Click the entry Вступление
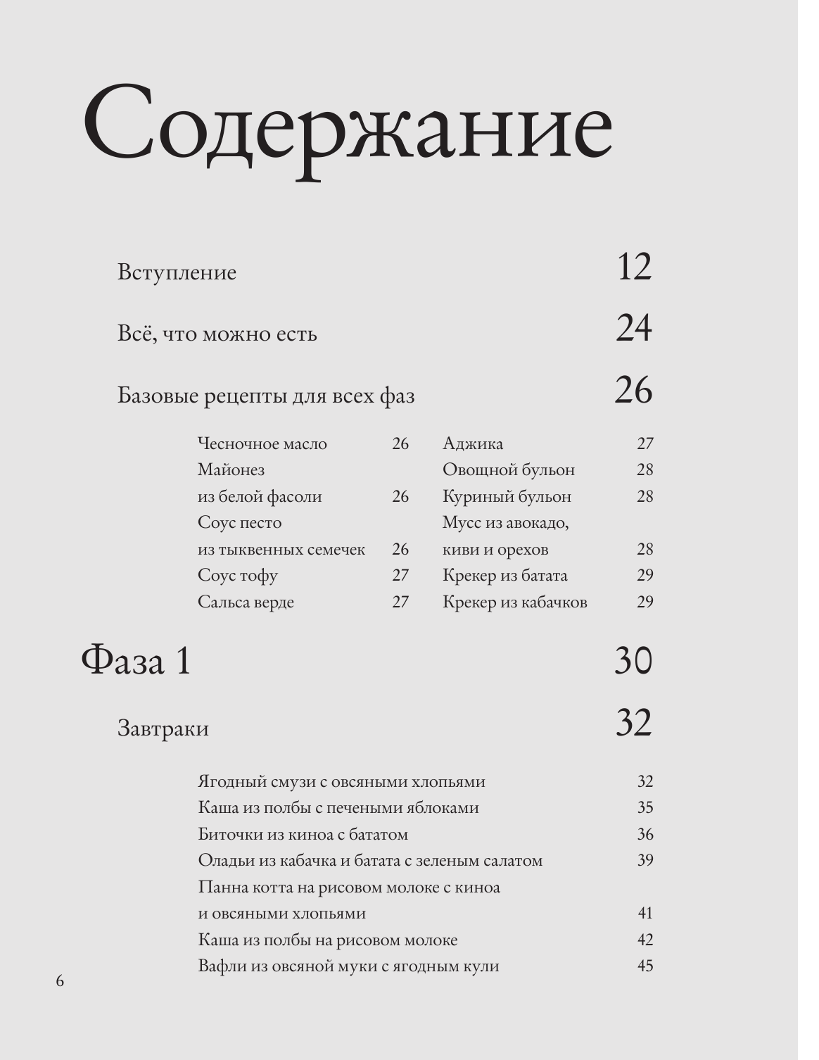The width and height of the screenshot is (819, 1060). click(177, 272)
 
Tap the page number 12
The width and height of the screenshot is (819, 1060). click(634, 267)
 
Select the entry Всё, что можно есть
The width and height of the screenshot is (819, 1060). click(217, 333)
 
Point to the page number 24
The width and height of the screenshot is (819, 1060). click(634, 329)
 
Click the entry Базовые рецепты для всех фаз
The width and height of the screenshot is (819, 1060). click(265, 396)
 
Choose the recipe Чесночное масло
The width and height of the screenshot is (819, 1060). click(262, 443)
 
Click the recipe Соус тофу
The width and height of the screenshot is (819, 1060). click(237, 575)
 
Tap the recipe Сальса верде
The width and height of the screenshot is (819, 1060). click(246, 602)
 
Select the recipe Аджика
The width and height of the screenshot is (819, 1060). click(472, 443)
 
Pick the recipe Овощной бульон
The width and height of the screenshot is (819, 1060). click(508, 469)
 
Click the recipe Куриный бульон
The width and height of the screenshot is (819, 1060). click(507, 496)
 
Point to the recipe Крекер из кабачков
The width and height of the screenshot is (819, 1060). click(514, 602)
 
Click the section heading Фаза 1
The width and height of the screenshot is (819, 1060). click(136, 661)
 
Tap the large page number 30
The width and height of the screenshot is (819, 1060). click(633, 661)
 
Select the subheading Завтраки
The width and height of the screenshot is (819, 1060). click(163, 728)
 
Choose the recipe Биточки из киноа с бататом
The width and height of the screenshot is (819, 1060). click(303, 834)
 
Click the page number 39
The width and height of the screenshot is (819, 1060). click(645, 860)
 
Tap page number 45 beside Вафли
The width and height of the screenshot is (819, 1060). click(645, 966)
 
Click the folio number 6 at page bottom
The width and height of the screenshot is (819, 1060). click(60, 981)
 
